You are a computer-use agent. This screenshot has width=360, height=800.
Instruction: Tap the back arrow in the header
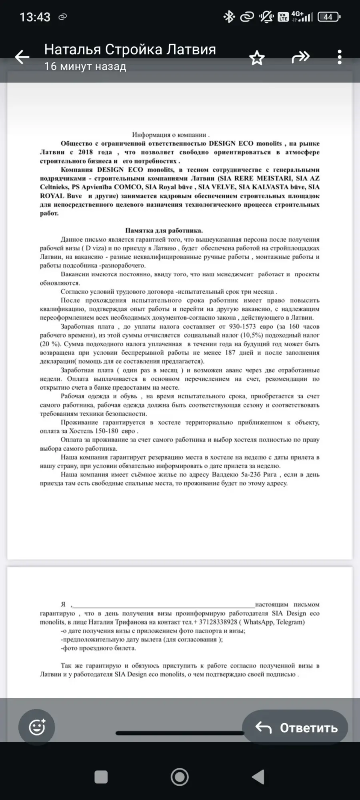(22, 57)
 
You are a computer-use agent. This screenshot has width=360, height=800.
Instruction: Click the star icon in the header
(257, 58)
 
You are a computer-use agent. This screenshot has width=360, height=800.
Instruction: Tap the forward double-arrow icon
(300, 57)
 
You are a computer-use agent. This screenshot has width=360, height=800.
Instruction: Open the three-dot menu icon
(340, 57)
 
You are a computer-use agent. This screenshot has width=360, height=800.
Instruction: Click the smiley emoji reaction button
(37, 727)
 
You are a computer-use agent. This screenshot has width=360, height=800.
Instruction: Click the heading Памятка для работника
(164, 230)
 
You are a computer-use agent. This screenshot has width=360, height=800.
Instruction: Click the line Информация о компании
(171, 135)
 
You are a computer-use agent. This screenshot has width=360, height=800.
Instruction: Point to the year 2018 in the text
(85, 152)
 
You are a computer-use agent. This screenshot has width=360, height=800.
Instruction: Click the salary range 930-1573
(242, 326)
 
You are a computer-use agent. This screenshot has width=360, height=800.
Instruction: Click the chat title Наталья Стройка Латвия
(130, 50)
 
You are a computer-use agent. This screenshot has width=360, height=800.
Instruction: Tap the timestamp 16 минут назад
(85, 66)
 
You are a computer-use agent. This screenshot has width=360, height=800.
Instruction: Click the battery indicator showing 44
(328, 17)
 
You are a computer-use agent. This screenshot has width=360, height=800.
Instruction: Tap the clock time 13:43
(35, 17)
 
